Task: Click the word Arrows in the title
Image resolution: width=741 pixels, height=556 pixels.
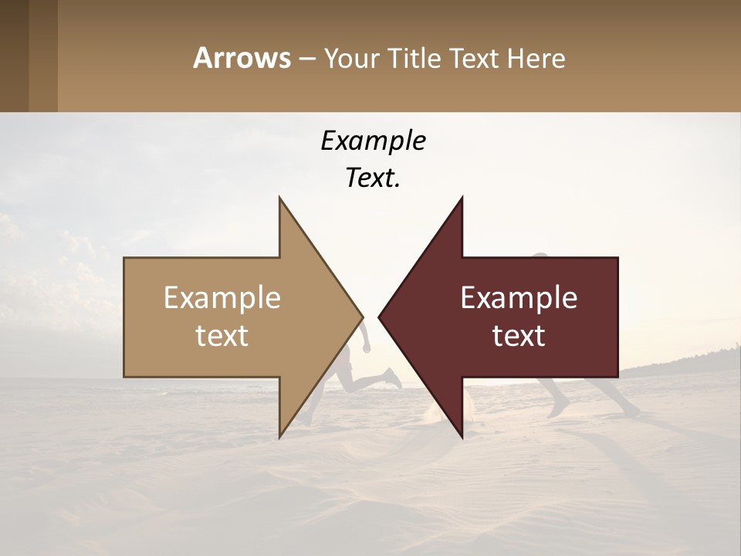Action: tap(242, 59)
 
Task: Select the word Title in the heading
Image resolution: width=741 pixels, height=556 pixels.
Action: tap(418, 59)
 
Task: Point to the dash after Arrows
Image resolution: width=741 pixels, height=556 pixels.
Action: tap(307, 59)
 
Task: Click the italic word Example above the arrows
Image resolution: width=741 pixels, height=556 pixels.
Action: tap(373, 141)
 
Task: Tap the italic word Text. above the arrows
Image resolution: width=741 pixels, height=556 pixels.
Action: tap(373, 178)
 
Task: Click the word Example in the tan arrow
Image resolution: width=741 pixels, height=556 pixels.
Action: tap(222, 298)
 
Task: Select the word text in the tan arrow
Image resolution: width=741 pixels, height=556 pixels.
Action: tap(222, 336)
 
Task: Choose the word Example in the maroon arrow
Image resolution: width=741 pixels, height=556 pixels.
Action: tap(519, 298)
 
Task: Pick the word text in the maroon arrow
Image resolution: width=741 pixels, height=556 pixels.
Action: tap(519, 336)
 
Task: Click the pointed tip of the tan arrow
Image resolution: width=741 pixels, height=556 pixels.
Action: tap(361, 317)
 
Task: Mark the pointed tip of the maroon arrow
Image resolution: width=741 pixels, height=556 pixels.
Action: tap(380, 317)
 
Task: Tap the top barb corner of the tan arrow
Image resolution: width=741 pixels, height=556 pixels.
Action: tap(279, 198)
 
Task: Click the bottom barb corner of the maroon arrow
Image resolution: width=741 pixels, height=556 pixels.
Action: tap(462, 436)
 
